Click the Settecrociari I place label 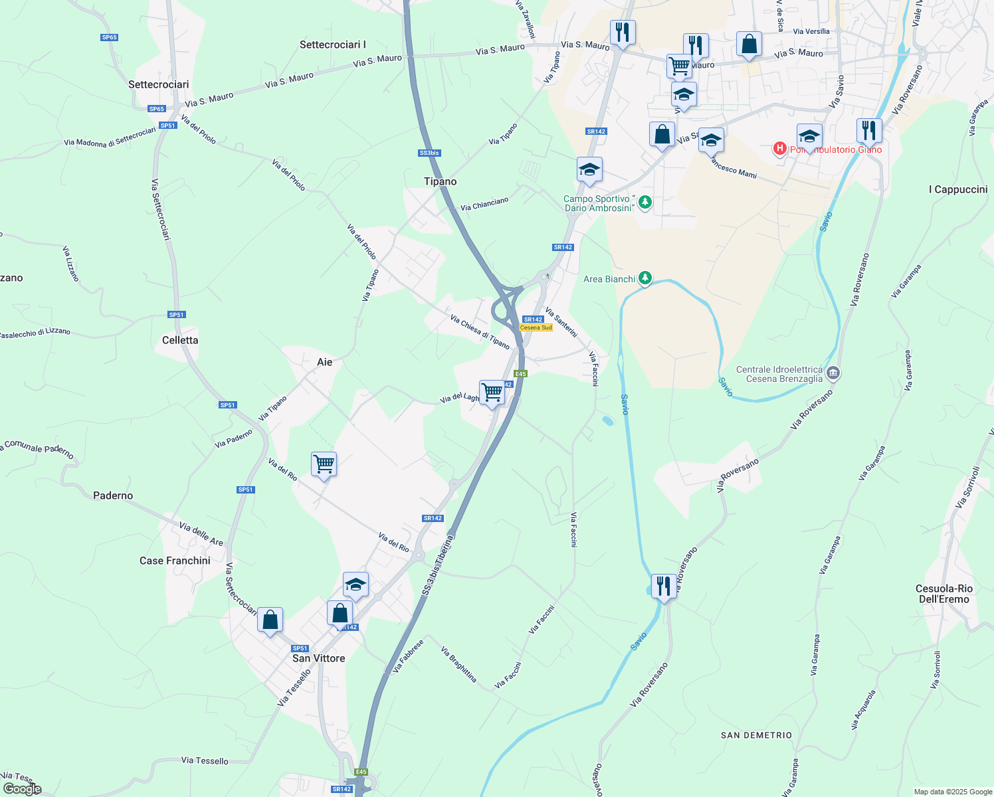click(x=332, y=44)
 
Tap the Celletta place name click(x=180, y=340)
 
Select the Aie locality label click(x=324, y=362)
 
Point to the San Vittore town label click(x=319, y=658)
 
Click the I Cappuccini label click(x=957, y=189)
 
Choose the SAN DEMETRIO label click(x=756, y=735)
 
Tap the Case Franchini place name click(x=175, y=561)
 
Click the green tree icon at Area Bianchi click(x=645, y=278)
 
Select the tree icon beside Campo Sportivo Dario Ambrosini click(x=645, y=202)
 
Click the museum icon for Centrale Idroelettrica click(x=833, y=373)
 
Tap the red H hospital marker click(x=780, y=148)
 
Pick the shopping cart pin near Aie click(x=324, y=464)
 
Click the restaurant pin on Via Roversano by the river click(x=664, y=586)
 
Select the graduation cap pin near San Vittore click(x=355, y=585)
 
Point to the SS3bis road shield click(x=429, y=153)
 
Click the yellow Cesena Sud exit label click(x=536, y=327)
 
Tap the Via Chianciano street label click(x=484, y=204)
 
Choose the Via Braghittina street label click(x=459, y=664)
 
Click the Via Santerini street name click(x=561, y=321)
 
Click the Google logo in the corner click(x=22, y=789)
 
